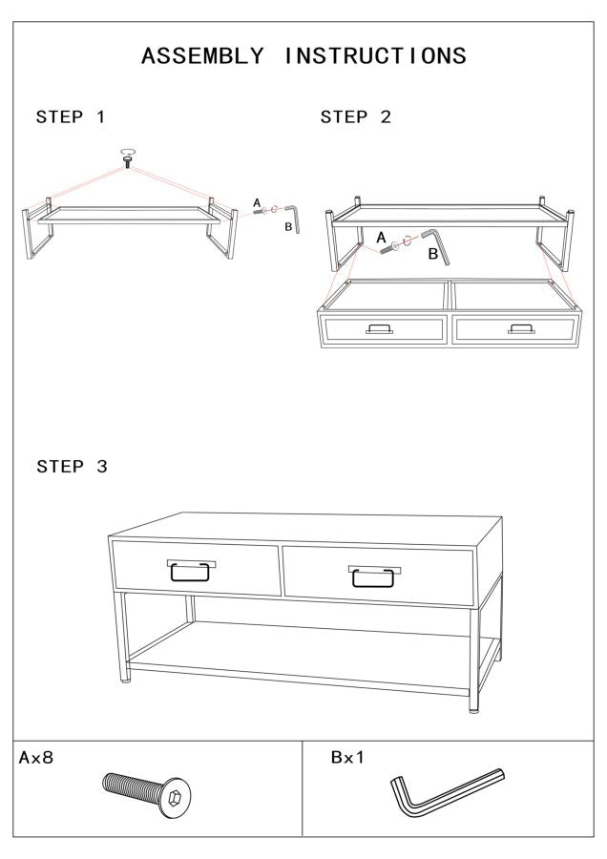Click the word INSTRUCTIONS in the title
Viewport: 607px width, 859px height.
click(375, 56)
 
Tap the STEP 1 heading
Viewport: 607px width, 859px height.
click(71, 117)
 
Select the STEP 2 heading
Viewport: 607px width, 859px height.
click(356, 117)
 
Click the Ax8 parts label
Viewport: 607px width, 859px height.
click(39, 758)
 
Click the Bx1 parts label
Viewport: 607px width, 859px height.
click(348, 758)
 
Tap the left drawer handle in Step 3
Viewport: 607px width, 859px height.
click(192, 571)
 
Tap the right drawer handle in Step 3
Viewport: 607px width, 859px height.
click(373, 576)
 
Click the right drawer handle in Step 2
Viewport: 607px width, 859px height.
click(522, 329)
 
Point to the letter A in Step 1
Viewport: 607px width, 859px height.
click(256, 202)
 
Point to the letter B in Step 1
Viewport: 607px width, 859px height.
click(288, 226)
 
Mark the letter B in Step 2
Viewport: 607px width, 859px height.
click(432, 255)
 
